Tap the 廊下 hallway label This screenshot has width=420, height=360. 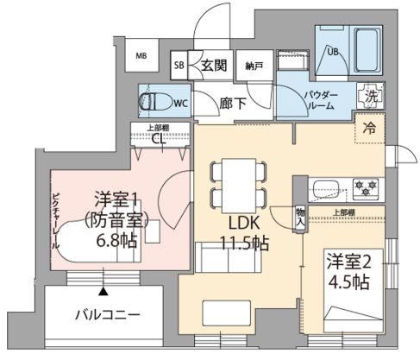click(x=229, y=101)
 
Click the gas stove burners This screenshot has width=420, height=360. click(x=366, y=186)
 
